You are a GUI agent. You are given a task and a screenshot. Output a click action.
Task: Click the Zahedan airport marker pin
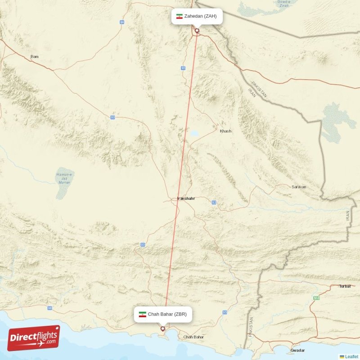click(x=197, y=31)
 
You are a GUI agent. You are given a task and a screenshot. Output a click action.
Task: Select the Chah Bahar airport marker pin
click(x=163, y=329)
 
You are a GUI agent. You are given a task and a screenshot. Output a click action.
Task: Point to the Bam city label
click(x=34, y=57)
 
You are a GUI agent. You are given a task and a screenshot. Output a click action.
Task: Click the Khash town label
click(x=225, y=131)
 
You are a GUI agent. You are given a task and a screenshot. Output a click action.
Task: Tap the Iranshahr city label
click(x=186, y=198)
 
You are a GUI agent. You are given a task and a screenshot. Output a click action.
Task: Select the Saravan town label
click(x=299, y=187)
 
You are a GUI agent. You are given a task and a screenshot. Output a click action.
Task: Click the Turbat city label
click(x=345, y=286)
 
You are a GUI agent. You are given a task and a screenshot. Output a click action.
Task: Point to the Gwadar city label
click(x=298, y=350)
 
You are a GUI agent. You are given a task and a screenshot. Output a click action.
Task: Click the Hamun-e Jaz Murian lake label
click(x=64, y=179)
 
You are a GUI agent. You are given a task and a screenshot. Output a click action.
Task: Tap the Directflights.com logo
click(x=34, y=338)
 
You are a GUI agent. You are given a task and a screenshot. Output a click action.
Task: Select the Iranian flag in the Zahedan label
click(x=179, y=16)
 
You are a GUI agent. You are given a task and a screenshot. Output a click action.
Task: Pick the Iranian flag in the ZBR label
click(x=143, y=315)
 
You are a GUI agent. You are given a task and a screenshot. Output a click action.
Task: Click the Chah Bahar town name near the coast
click(x=193, y=337)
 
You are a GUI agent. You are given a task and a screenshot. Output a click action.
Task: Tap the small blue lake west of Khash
click(x=194, y=133)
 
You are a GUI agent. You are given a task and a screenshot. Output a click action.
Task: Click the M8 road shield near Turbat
click(x=316, y=298)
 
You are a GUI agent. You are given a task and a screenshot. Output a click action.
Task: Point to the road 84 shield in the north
click(x=122, y=22)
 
